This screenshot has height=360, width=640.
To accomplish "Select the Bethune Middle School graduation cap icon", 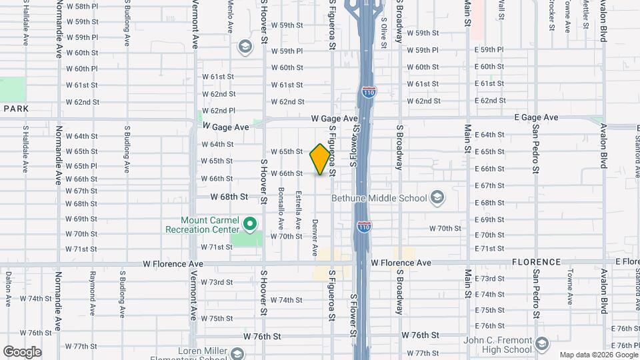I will coord(437,197).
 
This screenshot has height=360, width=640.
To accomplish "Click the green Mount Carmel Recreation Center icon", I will coord(251,223).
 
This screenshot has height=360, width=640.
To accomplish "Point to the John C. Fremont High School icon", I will coord(542,344).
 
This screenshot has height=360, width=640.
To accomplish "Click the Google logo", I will coord(22,352).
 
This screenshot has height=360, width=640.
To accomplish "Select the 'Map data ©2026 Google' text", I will coord(598,355).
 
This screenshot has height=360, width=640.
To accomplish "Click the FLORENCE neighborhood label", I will coord(535,262).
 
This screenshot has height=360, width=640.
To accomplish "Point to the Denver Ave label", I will coord(315,237).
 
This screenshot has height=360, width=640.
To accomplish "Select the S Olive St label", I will coord(384,27).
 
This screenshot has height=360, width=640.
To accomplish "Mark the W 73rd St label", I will coord(217,283).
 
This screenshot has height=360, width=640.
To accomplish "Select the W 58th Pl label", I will coord(82,6).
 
